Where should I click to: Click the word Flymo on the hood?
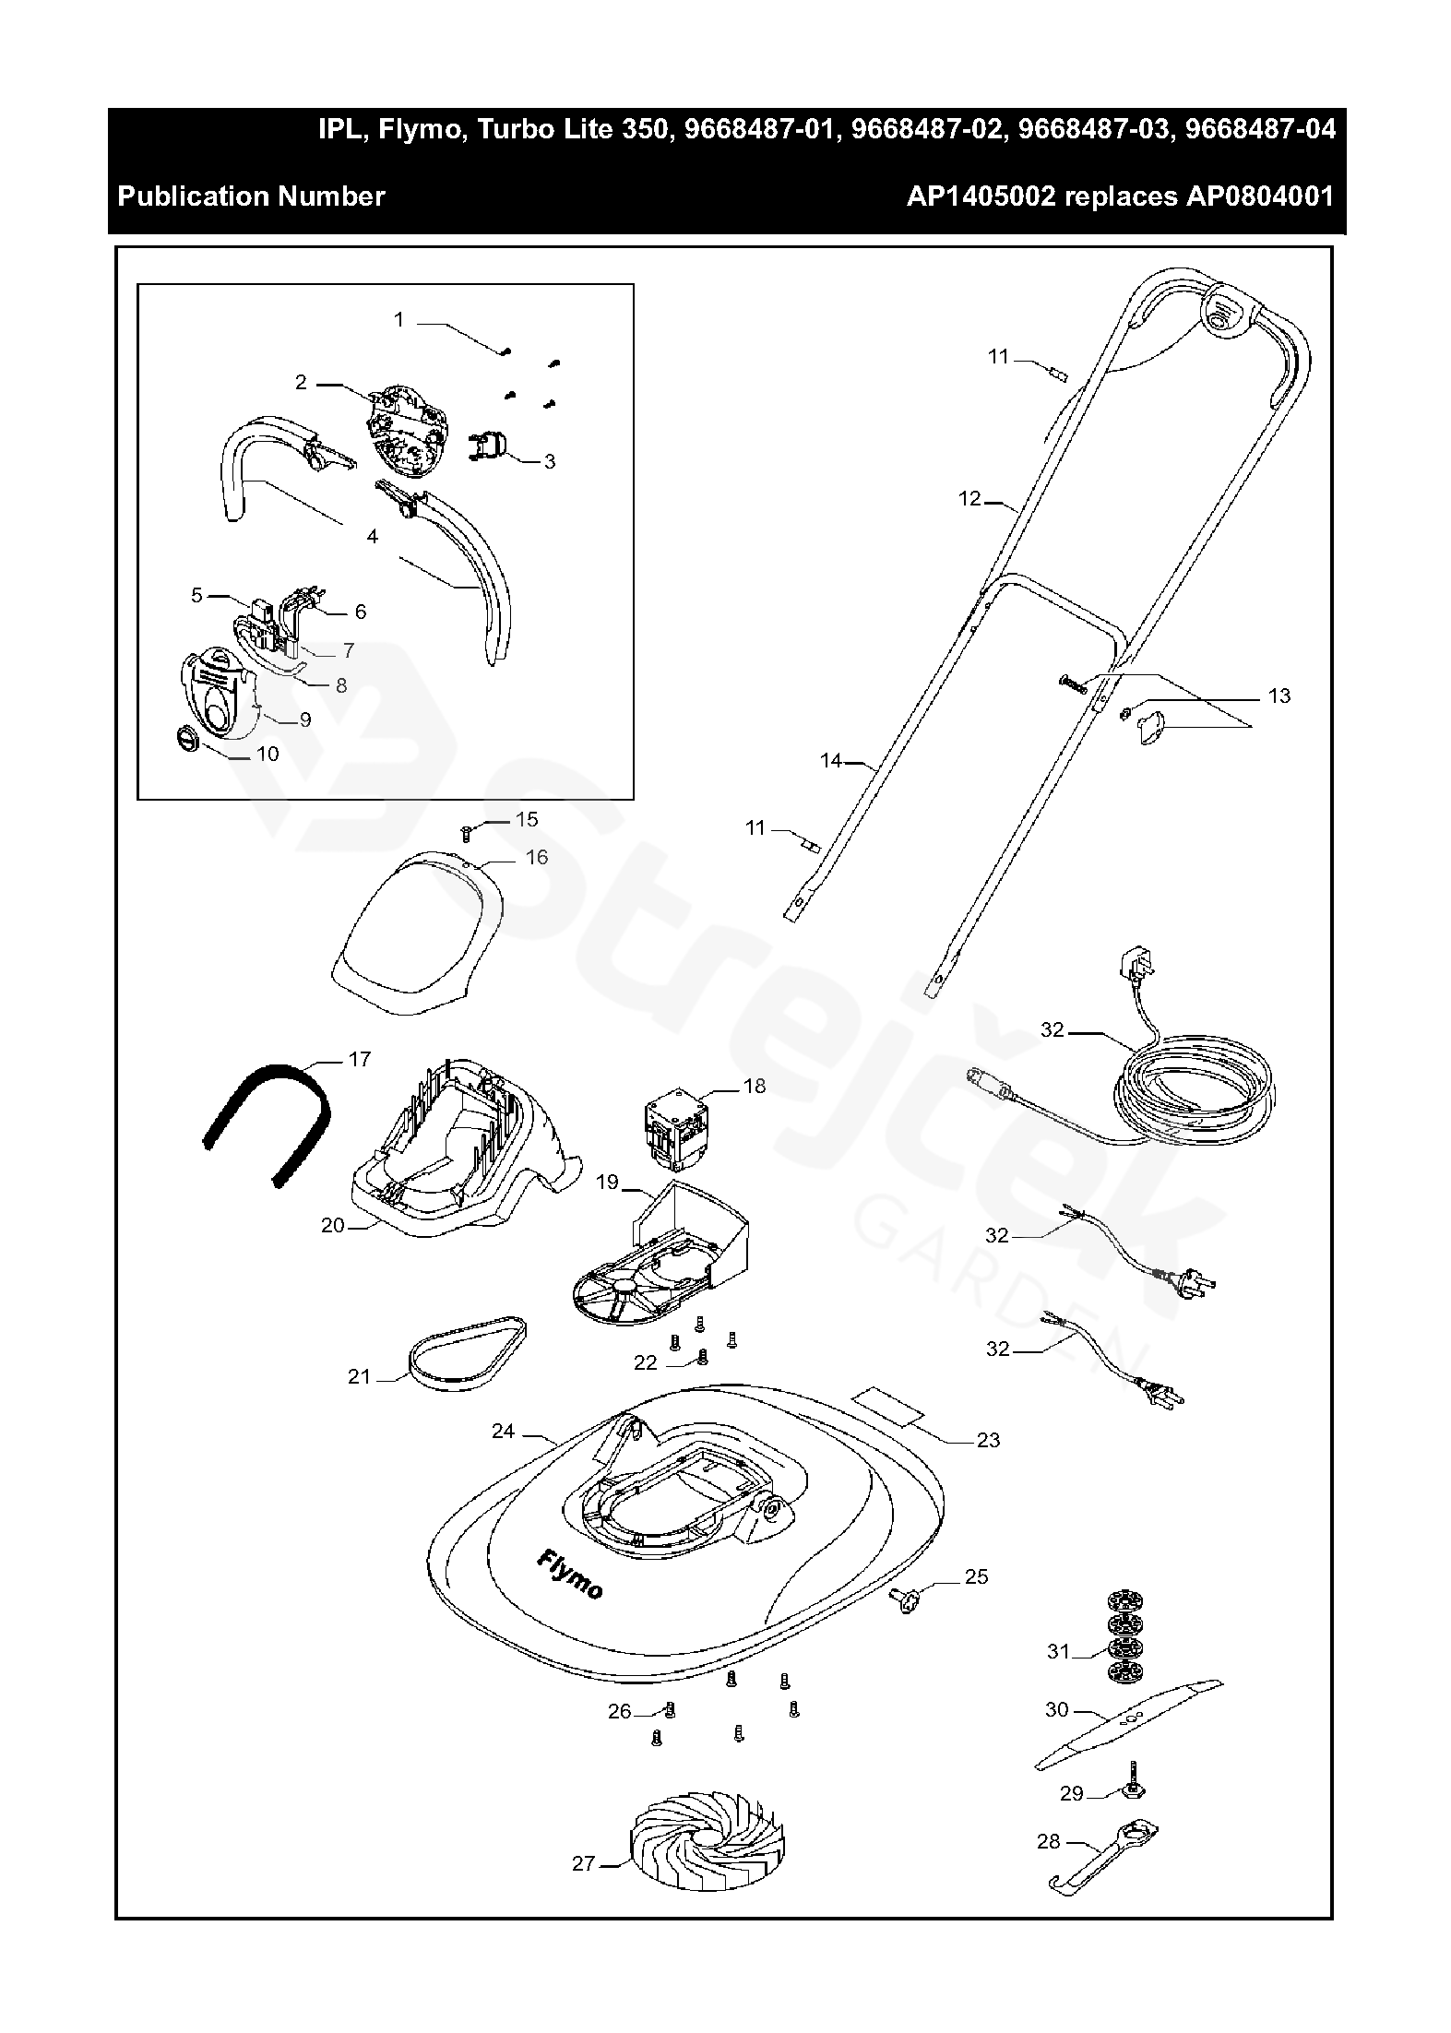coord(570,1575)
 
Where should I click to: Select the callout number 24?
coord(503,1432)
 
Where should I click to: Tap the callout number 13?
coord(1279,695)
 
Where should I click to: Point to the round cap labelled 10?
coord(188,739)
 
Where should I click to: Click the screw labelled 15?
coord(467,834)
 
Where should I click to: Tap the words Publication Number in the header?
coord(251,196)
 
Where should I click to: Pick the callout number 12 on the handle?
coord(969,499)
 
